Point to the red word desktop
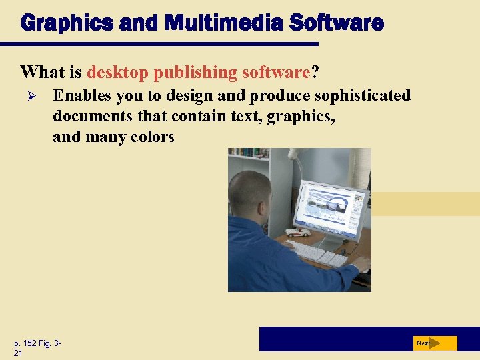118,72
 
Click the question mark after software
315,72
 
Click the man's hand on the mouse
361,264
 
